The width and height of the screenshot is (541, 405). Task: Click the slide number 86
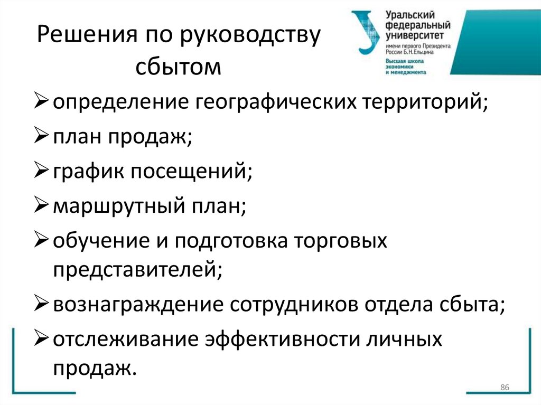pos(503,388)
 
